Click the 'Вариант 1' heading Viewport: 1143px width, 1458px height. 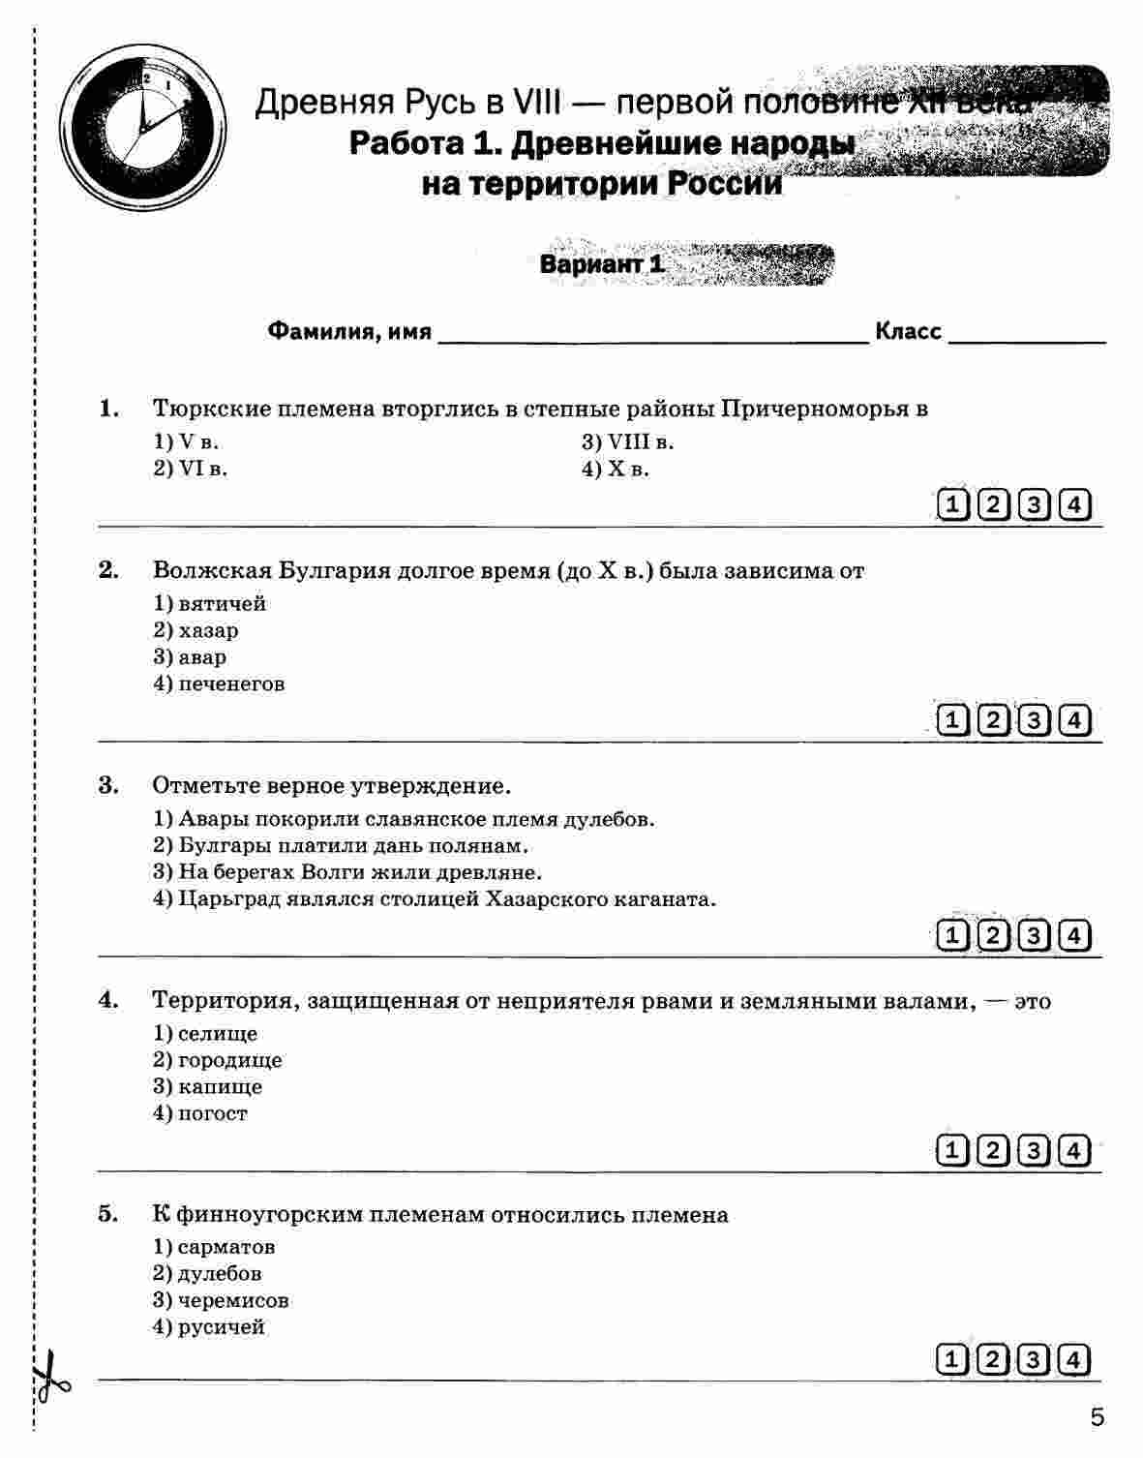pyautogui.click(x=602, y=264)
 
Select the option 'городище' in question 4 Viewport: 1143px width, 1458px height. pyautogui.click(x=230, y=1060)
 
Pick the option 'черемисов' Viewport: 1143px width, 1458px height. pyautogui.click(x=233, y=1300)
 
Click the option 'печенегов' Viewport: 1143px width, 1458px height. pyautogui.click(x=231, y=683)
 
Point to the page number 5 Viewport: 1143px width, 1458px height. pyautogui.click(x=1097, y=1419)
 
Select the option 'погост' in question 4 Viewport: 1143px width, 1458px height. pyautogui.click(x=212, y=1113)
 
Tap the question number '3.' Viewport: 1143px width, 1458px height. pyautogui.click(x=108, y=784)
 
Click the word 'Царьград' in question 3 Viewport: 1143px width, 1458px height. pyautogui.click(x=219, y=898)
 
